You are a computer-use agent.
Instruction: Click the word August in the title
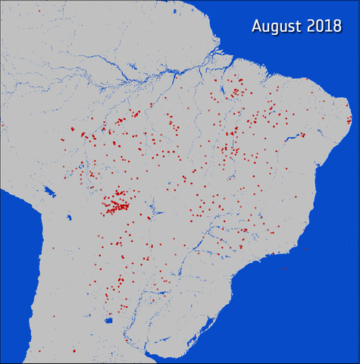tap(278, 27)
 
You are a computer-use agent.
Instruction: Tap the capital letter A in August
tap(258, 27)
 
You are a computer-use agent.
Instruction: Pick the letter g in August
tap(276, 28)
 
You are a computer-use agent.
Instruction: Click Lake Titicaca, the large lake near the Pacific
tap(49, 192)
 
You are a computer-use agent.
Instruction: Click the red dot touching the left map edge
tap(2, 125)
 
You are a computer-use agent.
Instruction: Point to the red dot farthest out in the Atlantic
tap(284, 270)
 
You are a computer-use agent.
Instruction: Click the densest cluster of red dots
tap(117, 204)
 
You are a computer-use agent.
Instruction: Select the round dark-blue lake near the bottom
tap(109, 321)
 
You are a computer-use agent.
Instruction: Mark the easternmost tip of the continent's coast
tap(352, 121)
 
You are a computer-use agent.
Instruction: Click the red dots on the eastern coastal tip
tap(349, 120)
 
